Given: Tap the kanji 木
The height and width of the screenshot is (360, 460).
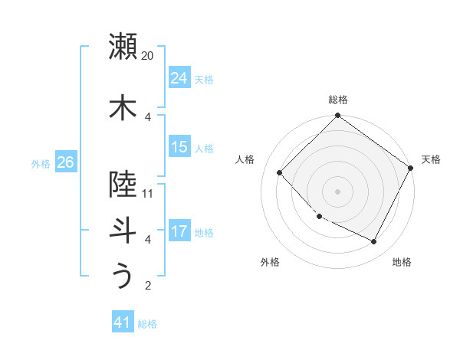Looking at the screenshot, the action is [x=123, y=107].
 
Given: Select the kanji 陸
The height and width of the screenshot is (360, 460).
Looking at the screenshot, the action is [x=123, y=184].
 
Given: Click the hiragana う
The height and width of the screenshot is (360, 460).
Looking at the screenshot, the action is [x=123, y=276].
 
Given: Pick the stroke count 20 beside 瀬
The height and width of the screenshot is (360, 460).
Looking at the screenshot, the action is [x=148, y=56].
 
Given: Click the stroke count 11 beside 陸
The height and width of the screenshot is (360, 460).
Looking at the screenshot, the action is [x=148, y=193].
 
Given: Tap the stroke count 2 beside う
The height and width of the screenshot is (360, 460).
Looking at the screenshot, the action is [x=148, y=286].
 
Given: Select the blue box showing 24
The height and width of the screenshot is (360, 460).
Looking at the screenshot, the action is [x=179, y=78].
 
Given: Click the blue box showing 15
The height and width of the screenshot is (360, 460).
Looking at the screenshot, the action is [x=179, y=147].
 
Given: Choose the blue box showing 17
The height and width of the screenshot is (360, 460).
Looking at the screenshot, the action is [x=179, y=231].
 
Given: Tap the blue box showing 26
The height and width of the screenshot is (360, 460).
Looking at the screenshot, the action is [x=66, y=162].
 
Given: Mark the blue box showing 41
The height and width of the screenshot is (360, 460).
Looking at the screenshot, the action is [x=123, y=322].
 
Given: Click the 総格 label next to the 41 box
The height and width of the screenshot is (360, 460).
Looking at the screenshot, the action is [x=147, y=324].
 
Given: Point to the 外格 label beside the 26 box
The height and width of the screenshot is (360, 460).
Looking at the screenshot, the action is [x=41, y=163].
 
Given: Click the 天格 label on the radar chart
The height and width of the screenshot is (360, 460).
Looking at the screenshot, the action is [x=431, y=159].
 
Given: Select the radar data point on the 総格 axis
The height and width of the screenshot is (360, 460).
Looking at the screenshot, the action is [x=337, y=116].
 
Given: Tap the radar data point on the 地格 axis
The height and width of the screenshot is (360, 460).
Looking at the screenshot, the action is [x=374, y=242].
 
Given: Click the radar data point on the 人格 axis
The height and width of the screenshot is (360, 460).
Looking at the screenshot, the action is [x=280, y=172].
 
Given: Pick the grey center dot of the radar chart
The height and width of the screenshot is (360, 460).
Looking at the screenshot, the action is [x=337, y=191].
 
